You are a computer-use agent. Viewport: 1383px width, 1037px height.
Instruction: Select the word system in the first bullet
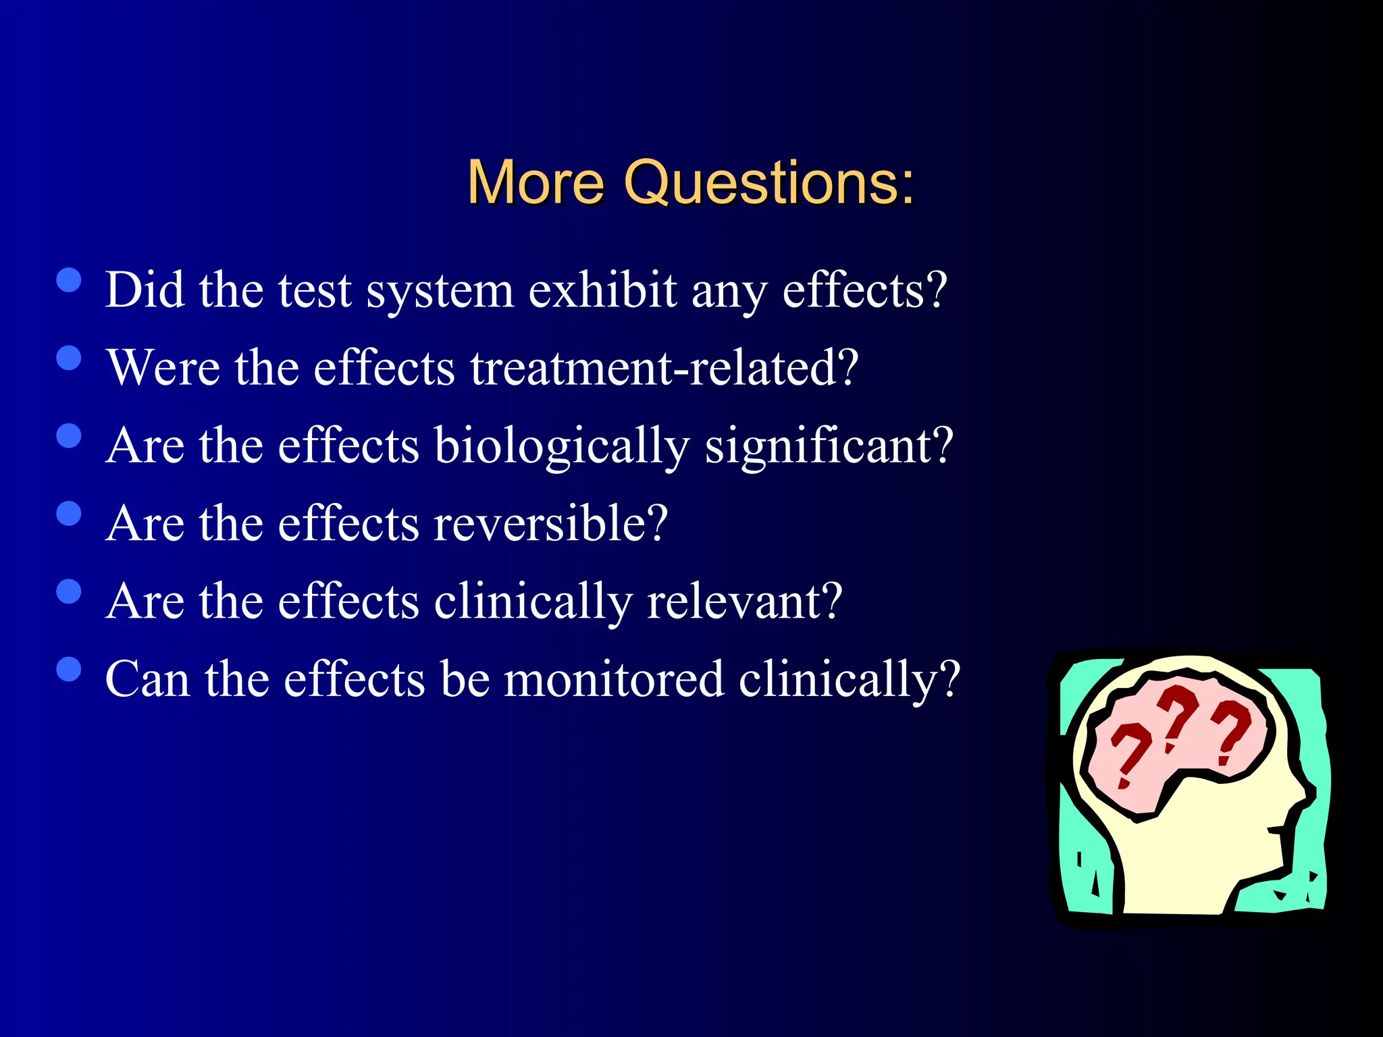click(x=440, y=292)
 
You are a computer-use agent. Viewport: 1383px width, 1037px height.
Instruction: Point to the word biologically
click(x=561, y=447)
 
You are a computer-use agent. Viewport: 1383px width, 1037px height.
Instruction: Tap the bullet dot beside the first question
click(x=69, y=280)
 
